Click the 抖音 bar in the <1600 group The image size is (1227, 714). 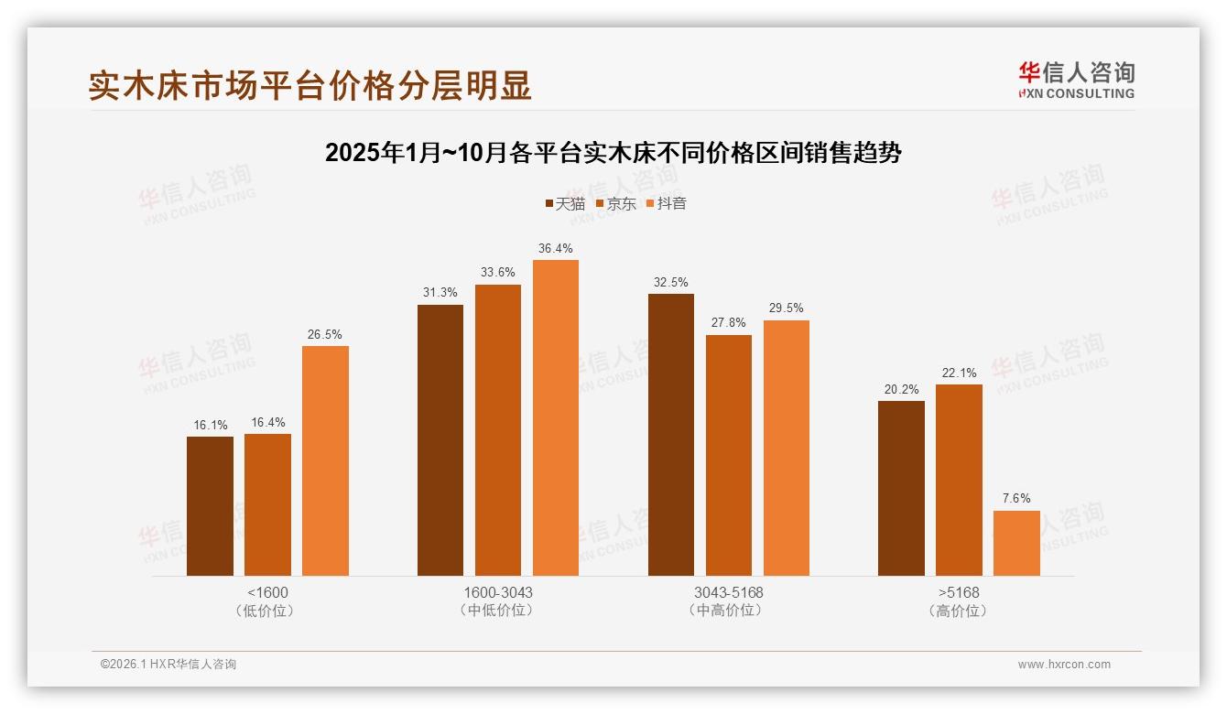325,460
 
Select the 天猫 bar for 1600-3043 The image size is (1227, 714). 440,440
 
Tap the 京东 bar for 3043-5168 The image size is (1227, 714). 728,455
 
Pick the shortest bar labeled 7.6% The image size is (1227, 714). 1016,543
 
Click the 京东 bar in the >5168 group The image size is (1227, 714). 959,480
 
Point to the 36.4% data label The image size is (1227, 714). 556,248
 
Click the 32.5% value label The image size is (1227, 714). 670,282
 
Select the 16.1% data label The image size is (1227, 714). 210,425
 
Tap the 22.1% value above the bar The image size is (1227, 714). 959,373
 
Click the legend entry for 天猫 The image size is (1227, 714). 565,203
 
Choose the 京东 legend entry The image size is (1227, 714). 616,203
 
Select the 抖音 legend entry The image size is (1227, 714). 667,203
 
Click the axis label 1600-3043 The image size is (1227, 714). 498,592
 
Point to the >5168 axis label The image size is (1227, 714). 959,592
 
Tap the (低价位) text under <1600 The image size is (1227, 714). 267,611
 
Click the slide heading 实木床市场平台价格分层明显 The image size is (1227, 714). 309,85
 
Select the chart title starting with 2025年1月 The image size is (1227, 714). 613,153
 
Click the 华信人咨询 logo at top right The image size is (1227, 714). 1076,80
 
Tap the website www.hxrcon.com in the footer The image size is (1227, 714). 1064,665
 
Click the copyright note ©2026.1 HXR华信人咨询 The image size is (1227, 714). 168,665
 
